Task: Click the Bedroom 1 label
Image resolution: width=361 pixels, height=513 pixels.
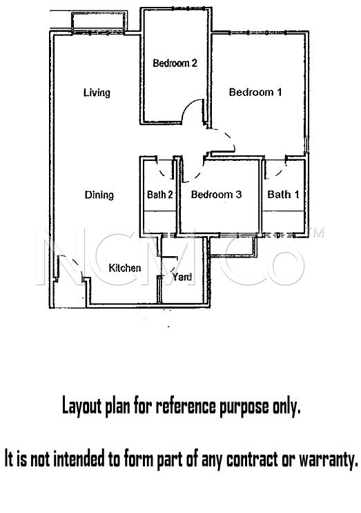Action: tap(255, 92)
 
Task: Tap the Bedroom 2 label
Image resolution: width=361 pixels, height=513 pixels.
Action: tap(175, 63)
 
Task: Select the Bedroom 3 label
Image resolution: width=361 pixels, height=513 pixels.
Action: tap(216, 194)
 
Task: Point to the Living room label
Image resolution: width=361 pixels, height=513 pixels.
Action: tap(97, 93)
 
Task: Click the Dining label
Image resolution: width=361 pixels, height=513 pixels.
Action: tap(99, 195)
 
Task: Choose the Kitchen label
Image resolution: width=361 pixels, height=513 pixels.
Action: tap(124, 268)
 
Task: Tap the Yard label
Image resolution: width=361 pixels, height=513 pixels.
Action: tap(182, 277)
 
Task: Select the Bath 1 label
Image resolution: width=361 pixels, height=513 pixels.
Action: tap(283, 194)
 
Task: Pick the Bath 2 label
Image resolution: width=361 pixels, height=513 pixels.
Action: tap(160, 195)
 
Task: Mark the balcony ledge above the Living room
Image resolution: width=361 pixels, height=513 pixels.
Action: tap(97, 22)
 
